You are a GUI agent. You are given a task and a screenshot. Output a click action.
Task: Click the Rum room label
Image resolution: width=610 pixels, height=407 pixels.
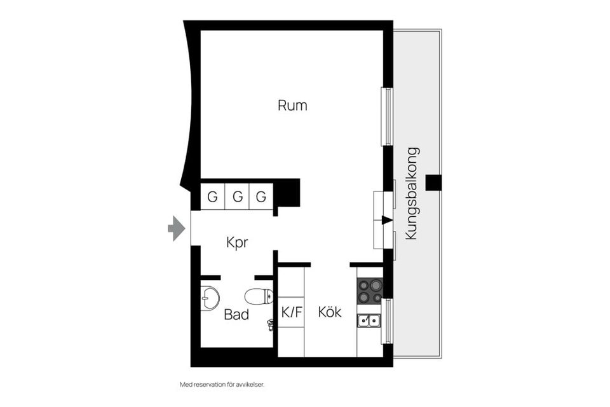click(292, 106)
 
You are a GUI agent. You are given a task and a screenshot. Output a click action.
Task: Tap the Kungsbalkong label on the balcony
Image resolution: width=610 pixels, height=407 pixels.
click(412, 193)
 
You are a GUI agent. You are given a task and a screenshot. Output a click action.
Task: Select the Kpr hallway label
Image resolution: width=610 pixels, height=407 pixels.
click(237, 243)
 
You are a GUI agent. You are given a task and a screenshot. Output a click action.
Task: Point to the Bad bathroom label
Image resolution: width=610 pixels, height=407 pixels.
click(236, 315)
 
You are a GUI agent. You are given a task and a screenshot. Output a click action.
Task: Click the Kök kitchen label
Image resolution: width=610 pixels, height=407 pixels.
click(330, 312)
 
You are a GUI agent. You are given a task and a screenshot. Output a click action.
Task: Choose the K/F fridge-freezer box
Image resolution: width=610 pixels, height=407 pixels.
click(292, 312)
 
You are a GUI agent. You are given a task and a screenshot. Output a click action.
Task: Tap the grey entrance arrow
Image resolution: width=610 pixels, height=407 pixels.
click(175, 228)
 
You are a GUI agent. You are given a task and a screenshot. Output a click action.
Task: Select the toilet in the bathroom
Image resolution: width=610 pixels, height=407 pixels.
click(259, 296)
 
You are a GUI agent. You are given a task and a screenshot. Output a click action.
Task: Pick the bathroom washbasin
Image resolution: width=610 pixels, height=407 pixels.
click(209, 298)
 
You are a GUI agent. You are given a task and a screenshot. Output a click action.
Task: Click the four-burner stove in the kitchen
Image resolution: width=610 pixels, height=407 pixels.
click(370, 291)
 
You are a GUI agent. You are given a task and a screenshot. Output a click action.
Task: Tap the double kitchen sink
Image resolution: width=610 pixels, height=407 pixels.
click(369, 321)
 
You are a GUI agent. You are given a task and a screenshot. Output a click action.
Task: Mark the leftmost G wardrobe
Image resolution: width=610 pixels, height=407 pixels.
click(213, 197)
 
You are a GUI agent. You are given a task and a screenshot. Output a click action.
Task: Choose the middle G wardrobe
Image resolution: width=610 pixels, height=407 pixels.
click(237, 197)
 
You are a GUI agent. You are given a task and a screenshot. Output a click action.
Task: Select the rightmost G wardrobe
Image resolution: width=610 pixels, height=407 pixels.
click(261, 197)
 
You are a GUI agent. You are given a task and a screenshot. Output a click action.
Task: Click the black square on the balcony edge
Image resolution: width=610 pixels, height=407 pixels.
click(433, 183)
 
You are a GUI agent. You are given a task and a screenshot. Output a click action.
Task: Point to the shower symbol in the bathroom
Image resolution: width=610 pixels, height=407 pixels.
click(271, 325)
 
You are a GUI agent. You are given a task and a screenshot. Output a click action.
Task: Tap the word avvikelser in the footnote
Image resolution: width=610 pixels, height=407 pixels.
click(248, 385)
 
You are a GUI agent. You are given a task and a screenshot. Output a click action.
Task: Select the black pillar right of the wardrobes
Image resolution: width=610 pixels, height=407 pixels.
click(287, 193)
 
